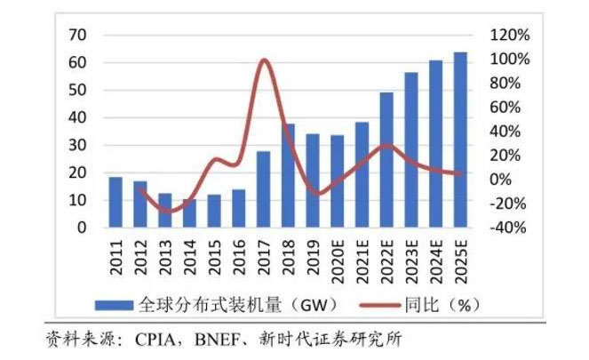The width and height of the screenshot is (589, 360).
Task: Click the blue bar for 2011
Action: point(115,203)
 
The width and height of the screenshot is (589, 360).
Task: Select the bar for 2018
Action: point(288,176)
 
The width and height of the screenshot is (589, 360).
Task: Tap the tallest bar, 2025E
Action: point(459,140)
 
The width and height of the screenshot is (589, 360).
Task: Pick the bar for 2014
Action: point(189,213)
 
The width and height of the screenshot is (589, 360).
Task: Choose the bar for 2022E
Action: point(386,160)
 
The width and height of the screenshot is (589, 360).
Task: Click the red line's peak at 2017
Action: point(264,60)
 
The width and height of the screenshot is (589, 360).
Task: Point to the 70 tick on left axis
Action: point(76,35)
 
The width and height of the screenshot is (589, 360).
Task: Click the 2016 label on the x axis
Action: point(239,253)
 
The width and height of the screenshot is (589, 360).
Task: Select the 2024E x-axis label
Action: point(435,258)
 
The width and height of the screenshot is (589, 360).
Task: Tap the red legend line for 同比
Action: point(391,304)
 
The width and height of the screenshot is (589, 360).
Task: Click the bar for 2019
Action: point(313,180)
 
